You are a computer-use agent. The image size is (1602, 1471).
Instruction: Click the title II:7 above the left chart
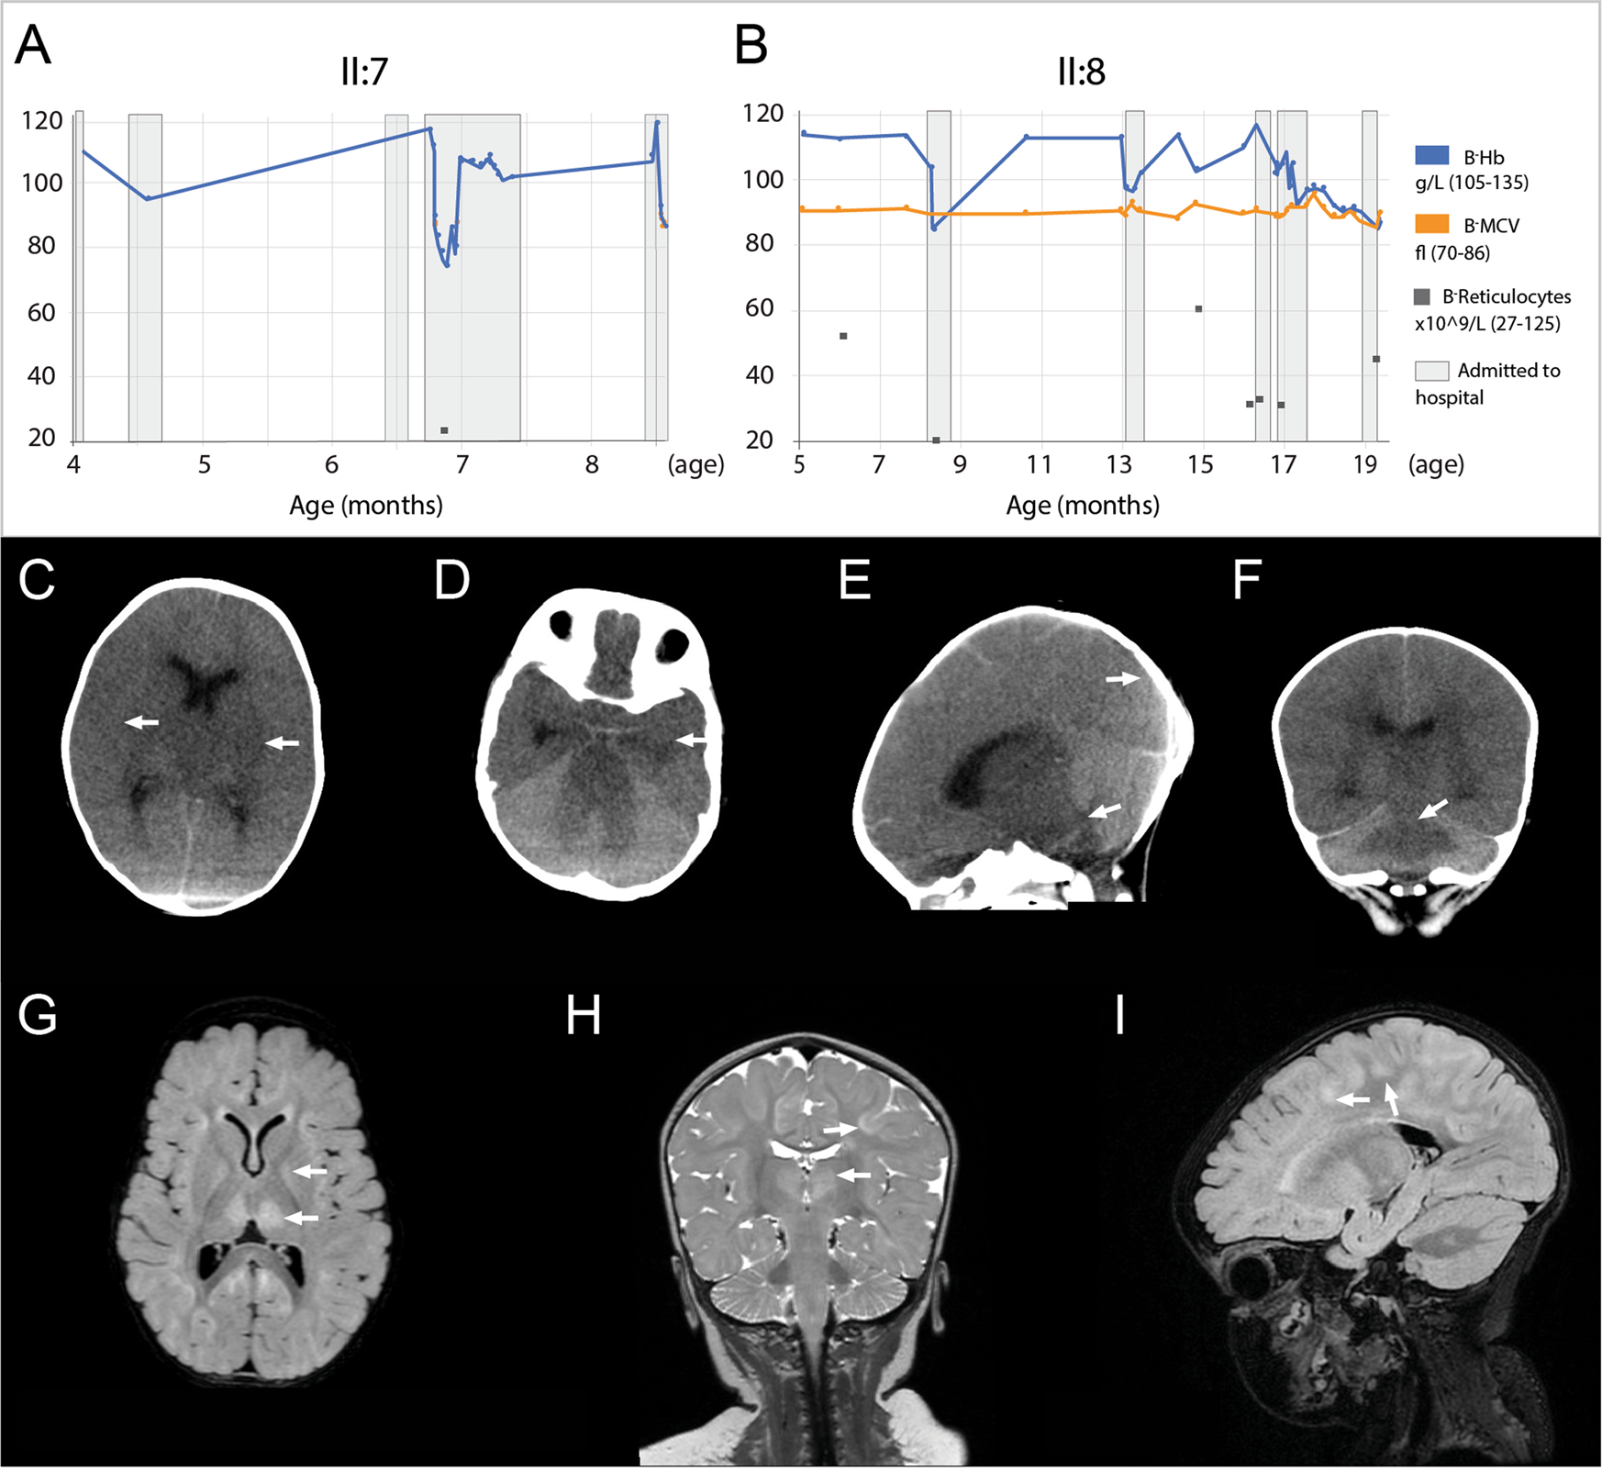(364, 72)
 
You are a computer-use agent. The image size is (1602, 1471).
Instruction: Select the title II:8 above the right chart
(1081, 72)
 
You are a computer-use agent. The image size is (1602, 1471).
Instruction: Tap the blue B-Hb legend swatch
(1431, 156)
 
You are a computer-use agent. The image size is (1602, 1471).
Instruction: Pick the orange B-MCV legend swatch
(1431, 225)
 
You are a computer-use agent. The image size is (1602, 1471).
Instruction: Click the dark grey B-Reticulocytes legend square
(1423, 296)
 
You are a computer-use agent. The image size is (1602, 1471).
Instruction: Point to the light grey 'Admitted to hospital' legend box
(1431, 371)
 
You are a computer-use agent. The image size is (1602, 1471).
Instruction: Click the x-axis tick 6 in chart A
(332, 464)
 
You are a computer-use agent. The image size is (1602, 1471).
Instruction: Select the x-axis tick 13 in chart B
(1119, 464)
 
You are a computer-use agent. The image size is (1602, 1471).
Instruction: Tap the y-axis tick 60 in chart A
(40, 313)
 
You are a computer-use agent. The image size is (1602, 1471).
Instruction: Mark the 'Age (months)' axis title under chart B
(1083, 505)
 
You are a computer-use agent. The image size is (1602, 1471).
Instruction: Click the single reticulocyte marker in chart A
(444, 430)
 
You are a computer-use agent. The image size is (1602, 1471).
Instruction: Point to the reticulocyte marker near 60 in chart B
(1198, 309)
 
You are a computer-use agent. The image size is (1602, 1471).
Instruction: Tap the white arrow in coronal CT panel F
(1434, 808)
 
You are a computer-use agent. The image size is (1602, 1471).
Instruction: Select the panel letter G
(38, 1016)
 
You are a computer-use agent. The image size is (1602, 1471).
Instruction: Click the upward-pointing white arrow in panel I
(1392, 1098)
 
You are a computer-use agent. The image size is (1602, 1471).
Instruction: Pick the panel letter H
(584, 1016)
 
